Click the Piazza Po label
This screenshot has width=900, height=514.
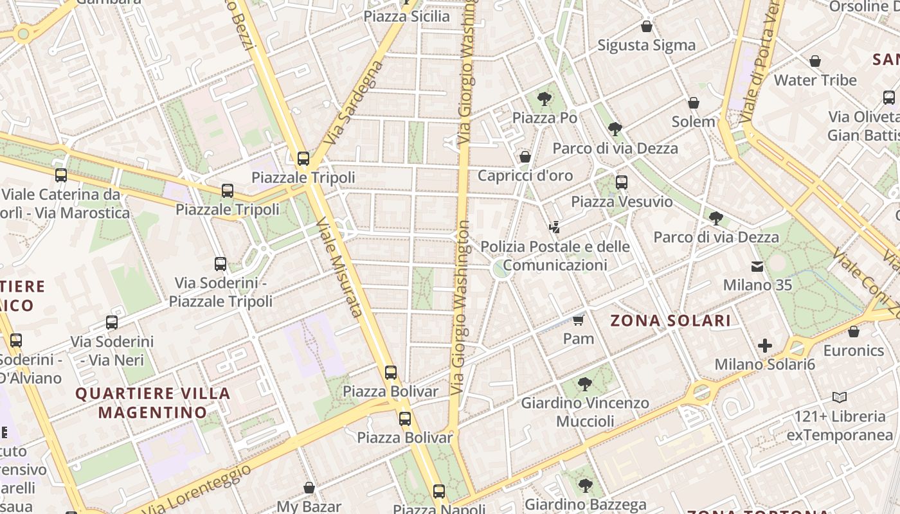click(x=544, y=118)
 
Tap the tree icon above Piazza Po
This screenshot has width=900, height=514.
click(x=544, y=99)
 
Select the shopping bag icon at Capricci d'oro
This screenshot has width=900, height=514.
click(x=525, y=157)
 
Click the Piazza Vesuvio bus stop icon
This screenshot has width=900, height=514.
click(x=621, y=182)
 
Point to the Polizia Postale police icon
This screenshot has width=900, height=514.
click(x=555, y=227)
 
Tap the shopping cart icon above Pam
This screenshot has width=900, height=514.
click(x=578, y=319)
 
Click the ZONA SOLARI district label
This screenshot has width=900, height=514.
click(x=670, y=321)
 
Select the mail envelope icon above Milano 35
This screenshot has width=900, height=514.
click(x=757, y=266)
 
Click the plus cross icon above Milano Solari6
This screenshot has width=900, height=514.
click(x=764, y=346)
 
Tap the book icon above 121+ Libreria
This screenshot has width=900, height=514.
click(x=839, y=397)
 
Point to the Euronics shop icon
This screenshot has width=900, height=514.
click(x=853, y=332)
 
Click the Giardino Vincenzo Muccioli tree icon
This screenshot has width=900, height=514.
click(x=584, y=384)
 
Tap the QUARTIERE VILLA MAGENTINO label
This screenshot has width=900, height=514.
click(x=153, y=403)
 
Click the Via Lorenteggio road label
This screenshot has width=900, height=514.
click(x=196, y=490)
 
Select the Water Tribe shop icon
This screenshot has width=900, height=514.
click(x=815, y=61)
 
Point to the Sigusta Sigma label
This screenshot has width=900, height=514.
click(x=646, y=45)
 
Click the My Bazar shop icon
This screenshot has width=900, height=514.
click(x=309, y=488)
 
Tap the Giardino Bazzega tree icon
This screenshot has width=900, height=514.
click(x=584, y=485)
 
